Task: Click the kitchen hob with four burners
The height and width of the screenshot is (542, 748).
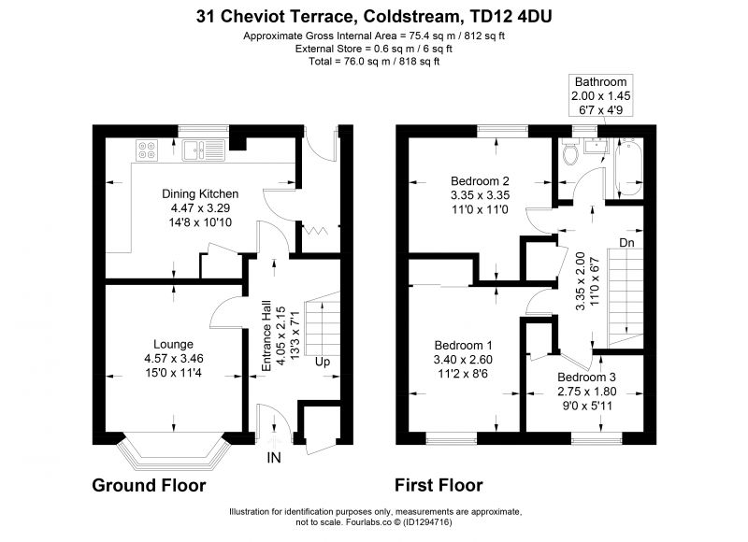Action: tap(147, 150)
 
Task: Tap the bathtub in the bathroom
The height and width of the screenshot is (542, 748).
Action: tap(628, 167)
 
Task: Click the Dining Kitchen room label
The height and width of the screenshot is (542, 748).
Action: tap(200, 193)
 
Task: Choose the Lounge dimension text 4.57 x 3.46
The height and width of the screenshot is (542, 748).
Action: tap(174, 359)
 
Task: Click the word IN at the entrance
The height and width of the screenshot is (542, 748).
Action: tap(274, 458)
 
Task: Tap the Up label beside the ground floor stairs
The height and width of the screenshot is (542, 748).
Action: tap(323, 362)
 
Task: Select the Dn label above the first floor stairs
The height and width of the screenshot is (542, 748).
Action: tap(626, 243)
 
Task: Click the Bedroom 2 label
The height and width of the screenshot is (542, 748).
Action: tap(480, 181)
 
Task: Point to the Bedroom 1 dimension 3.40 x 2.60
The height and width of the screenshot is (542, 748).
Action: tap(463, 360)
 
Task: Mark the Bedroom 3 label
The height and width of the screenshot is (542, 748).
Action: tap(587, 378)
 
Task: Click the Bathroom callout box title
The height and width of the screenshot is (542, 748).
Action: tap(600, 81)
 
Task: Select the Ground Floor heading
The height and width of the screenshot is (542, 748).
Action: tap(149, 485)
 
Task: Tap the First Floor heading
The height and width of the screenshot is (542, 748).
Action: tap(439, 485)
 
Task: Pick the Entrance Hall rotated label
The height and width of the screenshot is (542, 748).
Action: tap(266, 335)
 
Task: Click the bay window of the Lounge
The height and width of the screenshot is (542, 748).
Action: tap(174, 451)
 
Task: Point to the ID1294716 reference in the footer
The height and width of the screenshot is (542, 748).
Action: tap(427, 522)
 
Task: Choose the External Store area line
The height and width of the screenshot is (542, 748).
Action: tap(373, 49)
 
